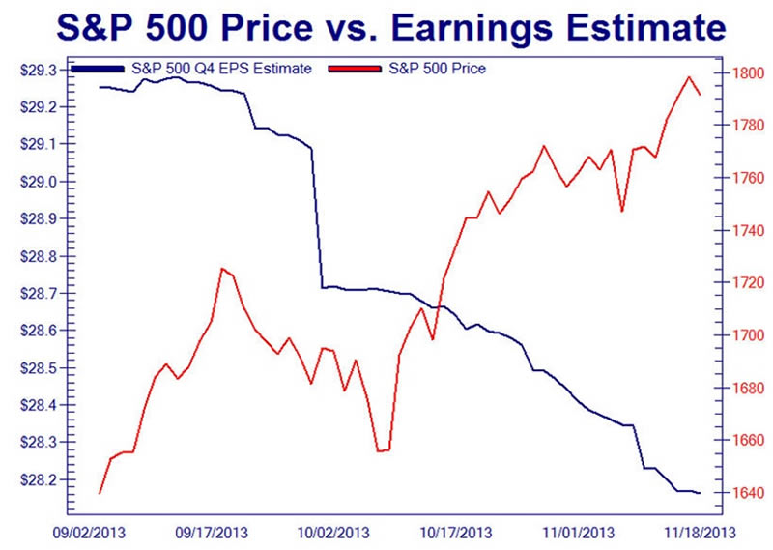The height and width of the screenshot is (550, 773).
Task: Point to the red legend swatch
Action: (359, 70)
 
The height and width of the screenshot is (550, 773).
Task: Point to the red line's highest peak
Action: (688, 77)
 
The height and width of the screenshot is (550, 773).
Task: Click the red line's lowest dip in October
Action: (380, 450)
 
